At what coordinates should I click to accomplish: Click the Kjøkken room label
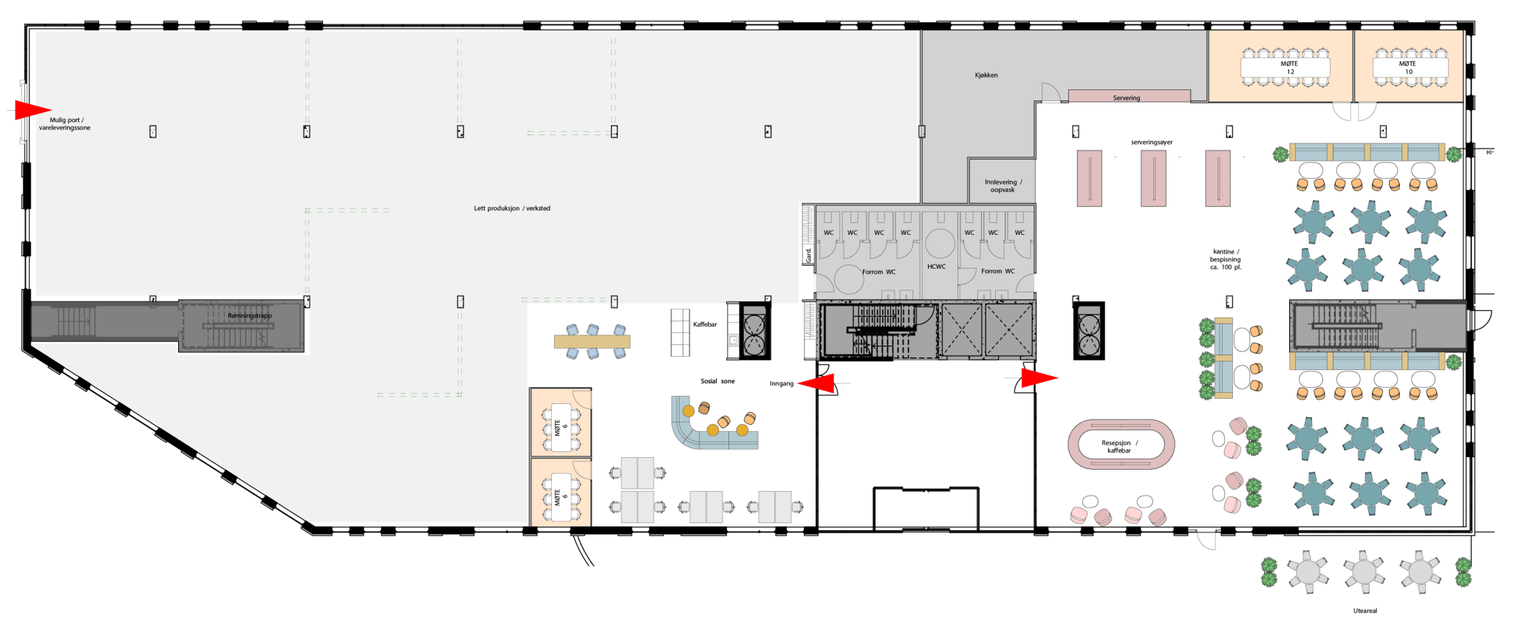986,75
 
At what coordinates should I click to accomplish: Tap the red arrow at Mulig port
32,110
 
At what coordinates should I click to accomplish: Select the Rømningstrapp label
250,316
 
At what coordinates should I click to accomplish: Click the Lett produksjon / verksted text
512,208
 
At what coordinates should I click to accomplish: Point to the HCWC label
936,267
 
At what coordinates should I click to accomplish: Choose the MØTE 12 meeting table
1285,68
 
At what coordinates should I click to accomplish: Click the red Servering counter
1129,96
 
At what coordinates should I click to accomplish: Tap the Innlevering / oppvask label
1003,186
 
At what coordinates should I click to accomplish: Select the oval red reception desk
1121,445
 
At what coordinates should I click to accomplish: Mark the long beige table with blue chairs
592,341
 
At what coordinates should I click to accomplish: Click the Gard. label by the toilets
808,256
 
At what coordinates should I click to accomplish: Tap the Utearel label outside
1365,611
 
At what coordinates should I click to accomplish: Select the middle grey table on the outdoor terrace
1364,572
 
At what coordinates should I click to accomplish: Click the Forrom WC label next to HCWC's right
997,271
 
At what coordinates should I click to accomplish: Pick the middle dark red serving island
1153,178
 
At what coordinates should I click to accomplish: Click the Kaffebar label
705,324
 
